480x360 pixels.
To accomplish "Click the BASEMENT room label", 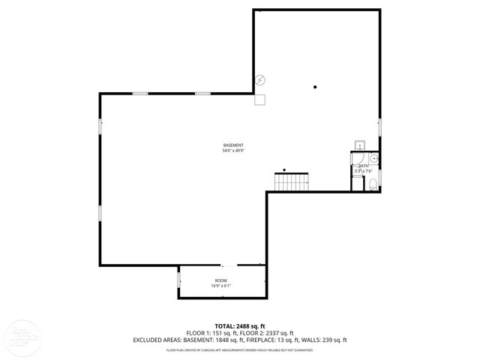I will tap(233, 145).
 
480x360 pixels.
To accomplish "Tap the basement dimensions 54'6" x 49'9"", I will tap(233, 151).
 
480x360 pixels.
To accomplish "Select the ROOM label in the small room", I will tap(220, 280).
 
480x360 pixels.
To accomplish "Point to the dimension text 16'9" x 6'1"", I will tap(220, 286).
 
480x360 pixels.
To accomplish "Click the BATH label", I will tap(363, 166).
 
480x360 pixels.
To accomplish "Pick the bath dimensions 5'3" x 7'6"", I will tap(363, 171).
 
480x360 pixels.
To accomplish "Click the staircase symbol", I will tap(292, 181).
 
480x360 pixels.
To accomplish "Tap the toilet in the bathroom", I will tap(372, 184).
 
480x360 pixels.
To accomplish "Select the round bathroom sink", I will tap(373, 158).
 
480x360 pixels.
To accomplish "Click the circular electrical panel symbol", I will tap(260, 80).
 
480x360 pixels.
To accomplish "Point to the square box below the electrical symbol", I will tap(260, 98).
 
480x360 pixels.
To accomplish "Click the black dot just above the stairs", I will tap(284, 169).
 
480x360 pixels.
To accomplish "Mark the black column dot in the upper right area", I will tap(316, 87).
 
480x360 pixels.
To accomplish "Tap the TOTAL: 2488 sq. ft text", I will tap(239, 326).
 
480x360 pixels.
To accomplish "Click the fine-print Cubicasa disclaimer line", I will tap(239, 349).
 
